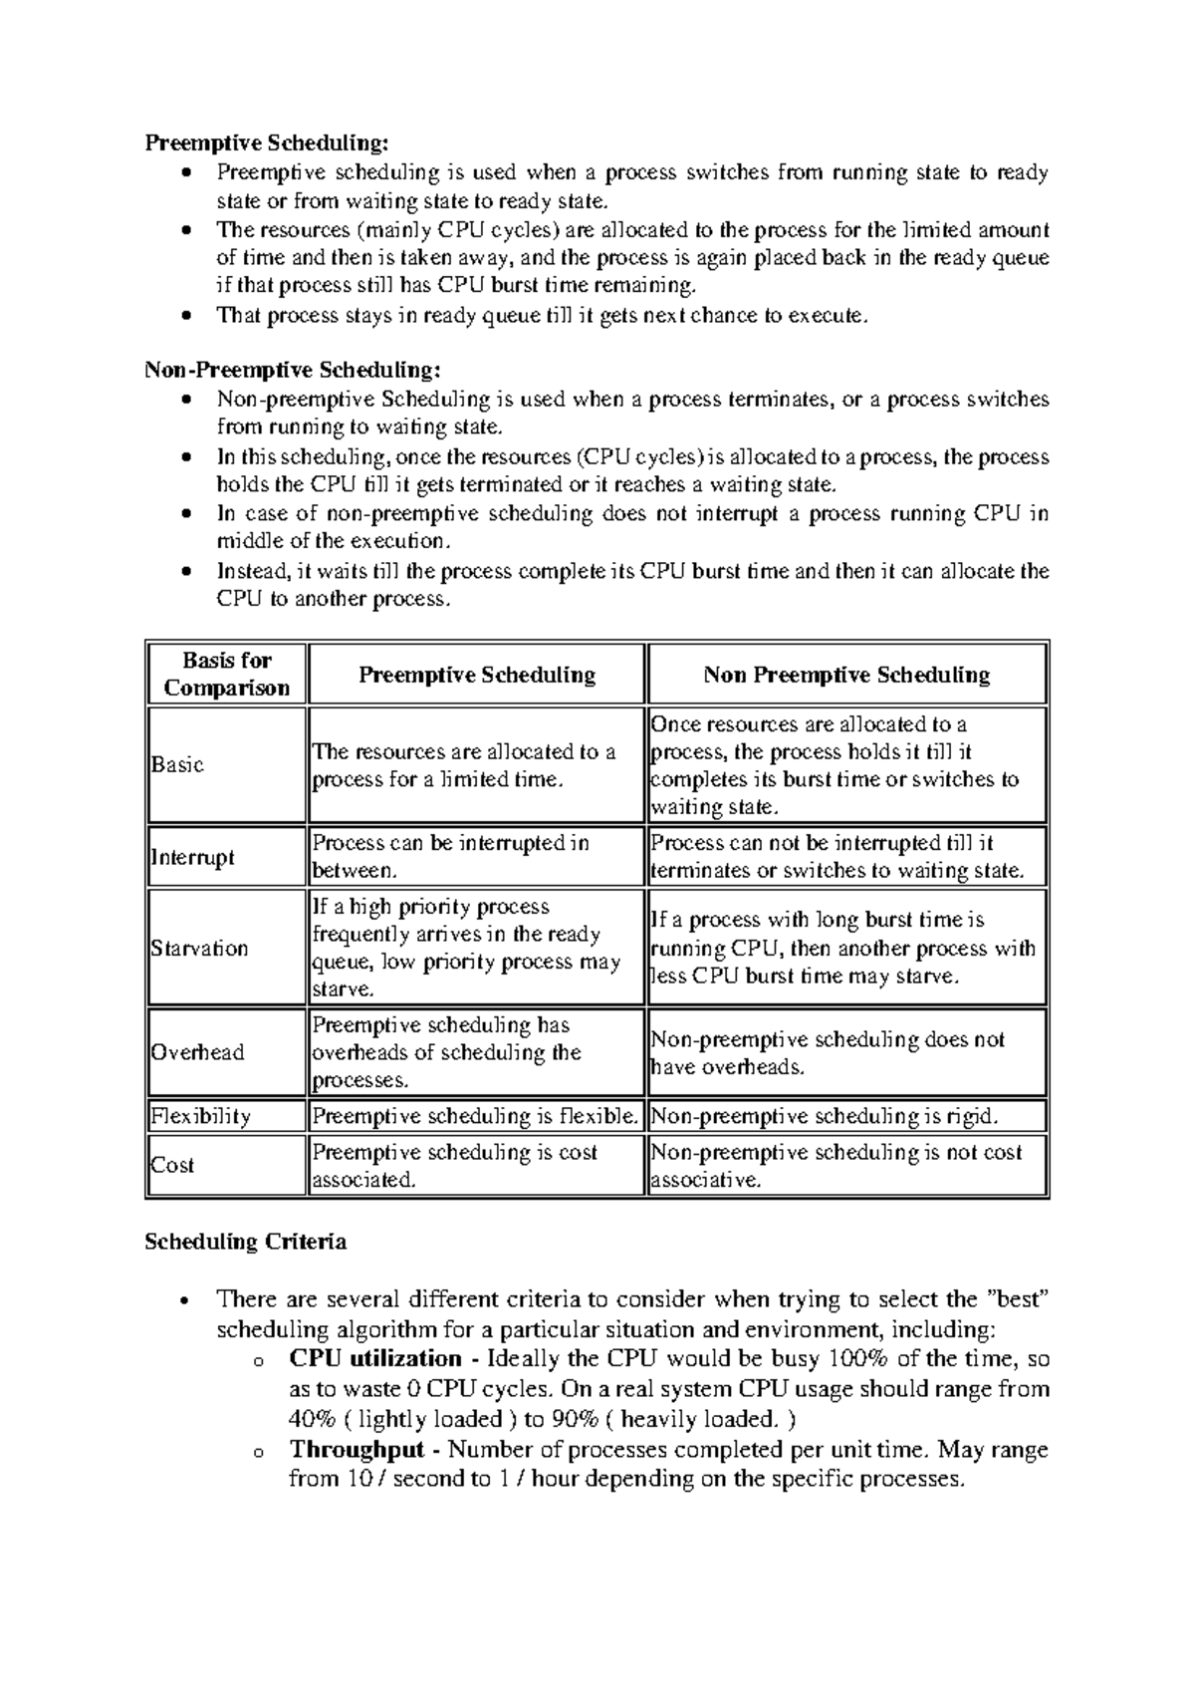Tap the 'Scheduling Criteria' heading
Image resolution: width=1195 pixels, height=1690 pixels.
point(246,1242)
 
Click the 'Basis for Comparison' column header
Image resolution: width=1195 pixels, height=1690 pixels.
point(227,675)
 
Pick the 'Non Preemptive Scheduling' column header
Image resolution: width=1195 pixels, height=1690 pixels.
point(846,675)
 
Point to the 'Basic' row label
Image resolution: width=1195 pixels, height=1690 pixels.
point(177,765)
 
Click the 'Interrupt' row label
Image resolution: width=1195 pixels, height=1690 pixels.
point(192,857)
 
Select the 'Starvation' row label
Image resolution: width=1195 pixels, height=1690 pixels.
point(199,948)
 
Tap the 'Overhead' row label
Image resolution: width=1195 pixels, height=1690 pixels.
point(197,1052)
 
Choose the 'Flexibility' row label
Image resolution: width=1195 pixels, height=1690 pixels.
point(200,1116)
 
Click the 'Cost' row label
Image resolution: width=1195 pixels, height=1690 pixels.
point(172,1165)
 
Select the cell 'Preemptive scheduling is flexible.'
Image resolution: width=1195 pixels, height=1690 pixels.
point(475,1116)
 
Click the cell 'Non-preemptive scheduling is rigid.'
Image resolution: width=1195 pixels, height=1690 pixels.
point(824,1116)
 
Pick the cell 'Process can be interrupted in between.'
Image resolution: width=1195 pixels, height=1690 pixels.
point(451,857)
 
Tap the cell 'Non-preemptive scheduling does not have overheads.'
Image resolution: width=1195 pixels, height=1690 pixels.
point(827,1053)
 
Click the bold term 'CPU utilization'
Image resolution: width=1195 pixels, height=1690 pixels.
point(375,1359)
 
